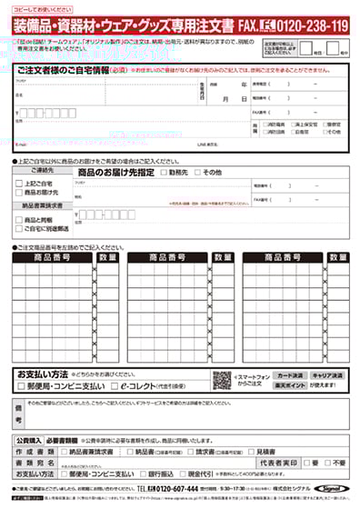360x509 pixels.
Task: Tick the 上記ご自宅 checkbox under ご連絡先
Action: click(x=20, y=183)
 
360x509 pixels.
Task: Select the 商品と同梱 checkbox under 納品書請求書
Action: click(x=20, y=220)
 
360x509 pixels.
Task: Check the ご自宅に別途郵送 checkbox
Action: click(x=20, y=229)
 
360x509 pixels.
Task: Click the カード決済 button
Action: click(x=288, y=374)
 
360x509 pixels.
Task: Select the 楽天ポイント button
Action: click(x=288, y=386)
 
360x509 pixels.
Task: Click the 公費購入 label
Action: click(x=31, y=439)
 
